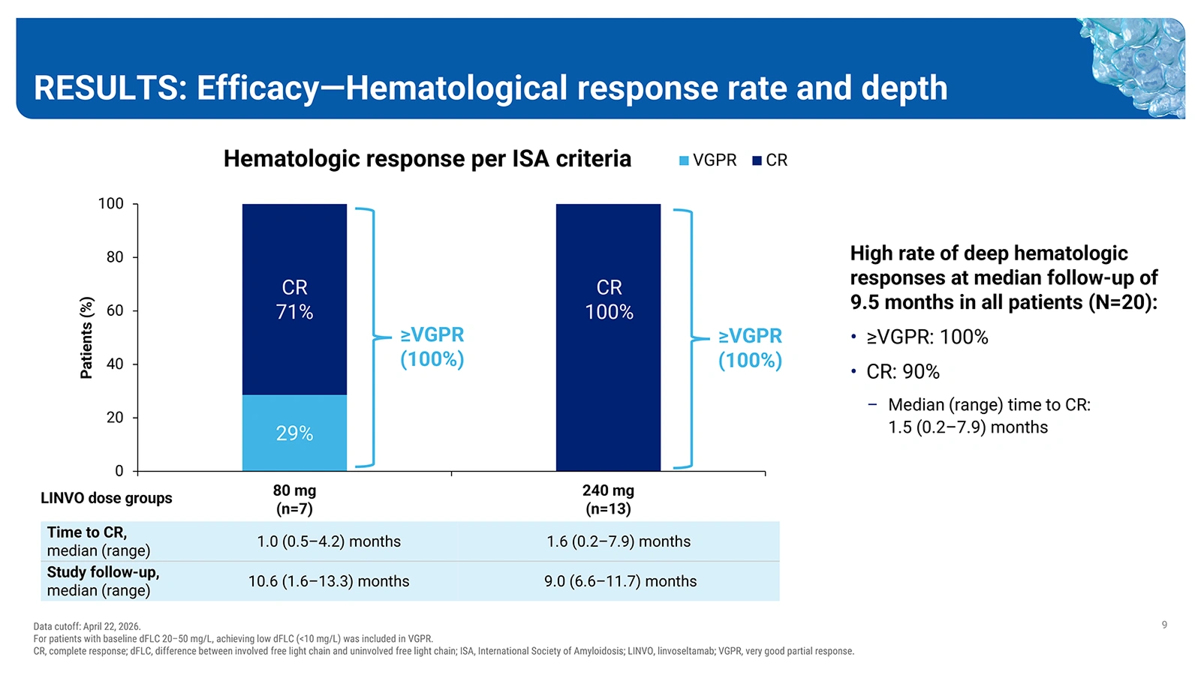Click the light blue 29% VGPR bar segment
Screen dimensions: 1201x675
click(294, 433)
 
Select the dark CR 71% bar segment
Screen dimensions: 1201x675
click(294, 299)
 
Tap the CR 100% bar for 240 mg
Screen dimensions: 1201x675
click(608, 337)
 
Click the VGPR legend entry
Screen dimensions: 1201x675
click(708, 160)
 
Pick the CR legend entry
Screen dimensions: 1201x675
click(770, 160)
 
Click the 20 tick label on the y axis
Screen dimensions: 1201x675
click(115, 417)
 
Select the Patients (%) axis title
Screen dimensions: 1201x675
click(86, 337)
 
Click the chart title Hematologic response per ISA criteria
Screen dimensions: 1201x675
click(427, 158)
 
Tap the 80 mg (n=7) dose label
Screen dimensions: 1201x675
click(294, 499)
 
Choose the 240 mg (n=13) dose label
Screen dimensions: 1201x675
click(608, 499)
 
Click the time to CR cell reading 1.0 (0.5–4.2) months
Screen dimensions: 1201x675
click(329, 541)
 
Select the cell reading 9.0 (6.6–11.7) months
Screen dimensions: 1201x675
click(620, 581)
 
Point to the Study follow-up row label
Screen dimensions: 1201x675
click(103, 581)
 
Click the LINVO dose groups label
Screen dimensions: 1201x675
click(106, 498)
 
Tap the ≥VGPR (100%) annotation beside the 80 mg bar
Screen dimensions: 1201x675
click(432, 347)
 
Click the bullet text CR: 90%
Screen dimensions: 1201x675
click(903, 371)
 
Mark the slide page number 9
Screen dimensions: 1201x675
click(1164, 625)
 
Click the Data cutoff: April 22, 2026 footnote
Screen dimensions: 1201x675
click(87, 626)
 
